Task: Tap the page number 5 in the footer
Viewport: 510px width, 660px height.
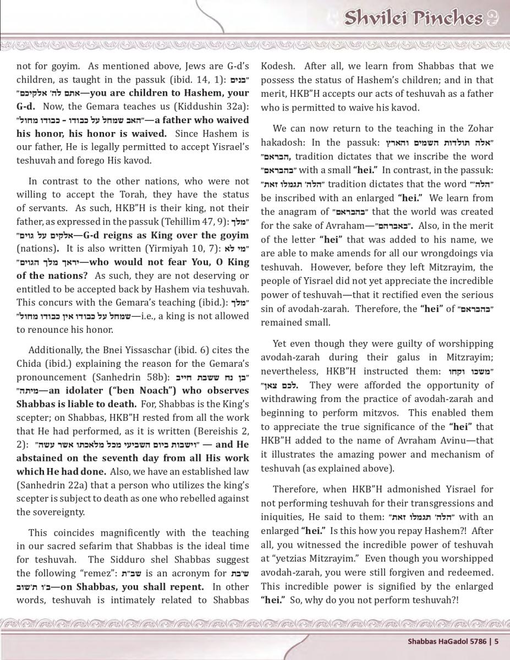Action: pyautogui.click(x=496, y=640)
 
